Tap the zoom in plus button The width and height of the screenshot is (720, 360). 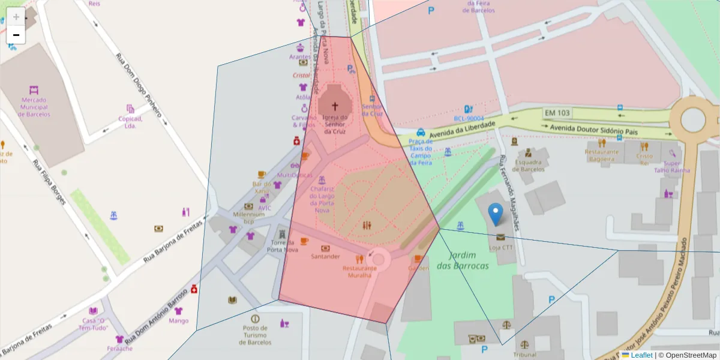tap(16, 17)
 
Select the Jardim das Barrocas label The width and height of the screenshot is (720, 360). tap(462, 260)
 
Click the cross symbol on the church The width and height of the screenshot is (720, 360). tap(335, 106)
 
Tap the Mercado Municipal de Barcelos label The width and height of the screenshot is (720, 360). tap(35, 107)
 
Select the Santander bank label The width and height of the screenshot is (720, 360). tap(325, 256)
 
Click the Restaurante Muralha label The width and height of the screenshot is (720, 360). tap(359, 272)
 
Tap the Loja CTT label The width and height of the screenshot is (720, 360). tap(500, 247)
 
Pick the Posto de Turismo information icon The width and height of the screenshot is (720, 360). tap(255, 318)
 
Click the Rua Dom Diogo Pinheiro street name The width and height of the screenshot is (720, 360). tap(139, 84)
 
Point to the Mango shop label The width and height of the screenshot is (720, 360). tap(178, 320)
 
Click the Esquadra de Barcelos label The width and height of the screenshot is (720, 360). tap(528, 165)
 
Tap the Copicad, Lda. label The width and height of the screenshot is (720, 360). tap(130, 122)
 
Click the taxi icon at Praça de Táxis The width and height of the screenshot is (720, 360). tap(421, 132)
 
